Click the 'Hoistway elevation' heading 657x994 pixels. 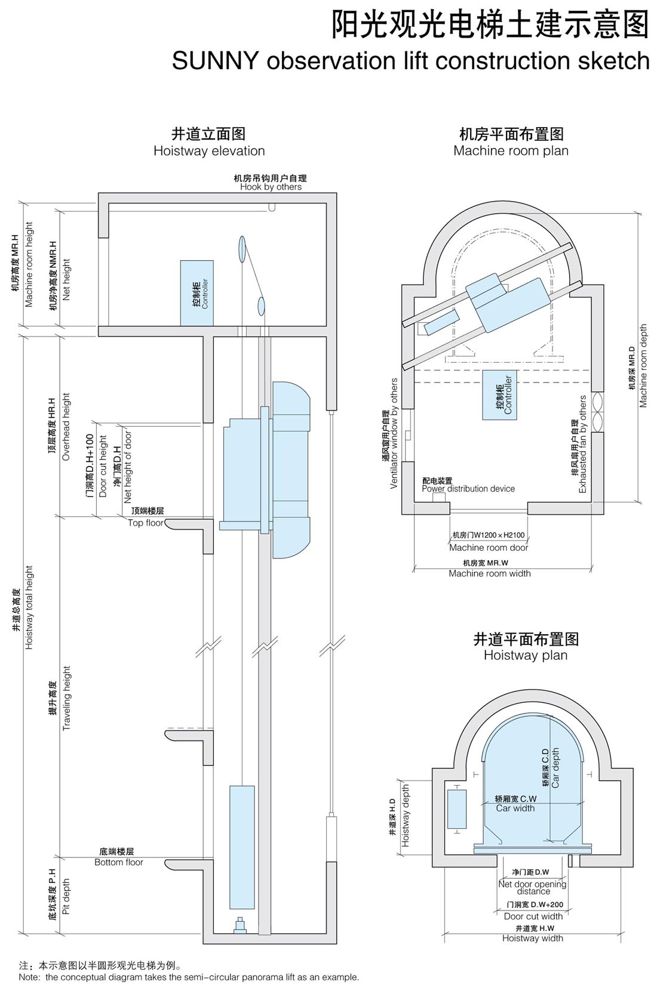click(x=209, y=151)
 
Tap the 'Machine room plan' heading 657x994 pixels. click(x=511, y=151)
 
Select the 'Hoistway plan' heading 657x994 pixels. click(x=526, y=655)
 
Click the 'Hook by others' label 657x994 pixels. click(x=271, y=187)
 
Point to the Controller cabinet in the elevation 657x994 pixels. click(x=197, y=293)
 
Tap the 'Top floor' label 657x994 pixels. click(x=146, y=523)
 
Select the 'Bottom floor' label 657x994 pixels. click(x=119, y=862)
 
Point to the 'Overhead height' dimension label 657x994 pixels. click(x=66, y=427)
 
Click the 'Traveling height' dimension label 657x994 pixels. click(x=66, y=699)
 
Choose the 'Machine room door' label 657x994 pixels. click(x=489, y=548)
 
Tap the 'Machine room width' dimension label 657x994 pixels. click(x=490, y=573)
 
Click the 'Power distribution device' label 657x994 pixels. click(x=468, y=489)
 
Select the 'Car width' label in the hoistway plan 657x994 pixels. click(x=515, y=808)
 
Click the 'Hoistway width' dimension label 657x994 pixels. click(x=533, y=939)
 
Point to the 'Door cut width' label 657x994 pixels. click(x=533, y=916)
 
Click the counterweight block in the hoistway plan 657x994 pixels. click(x=457, y=810)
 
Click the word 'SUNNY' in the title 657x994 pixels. click(x=216, y=61)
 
